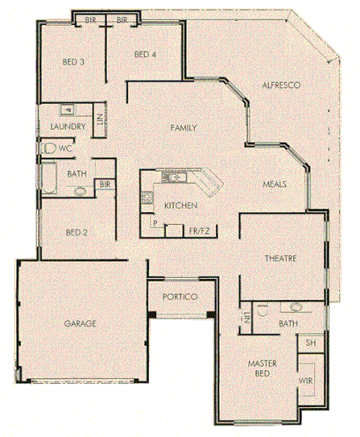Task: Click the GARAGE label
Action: pos(79,323)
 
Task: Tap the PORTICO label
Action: pos(180,297)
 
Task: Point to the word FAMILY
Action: pos(183,128)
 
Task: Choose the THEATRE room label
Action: pos(281,258)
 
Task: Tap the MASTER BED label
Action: pos(263,368)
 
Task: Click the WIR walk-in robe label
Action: pos(306,380)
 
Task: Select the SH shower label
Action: pos(310,342)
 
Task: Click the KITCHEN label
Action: pos(181,206)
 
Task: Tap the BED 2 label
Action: pos(77,232)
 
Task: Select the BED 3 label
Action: pos(73,63)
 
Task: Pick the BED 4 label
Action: pos(145,55)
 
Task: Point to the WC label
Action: pos(66,148)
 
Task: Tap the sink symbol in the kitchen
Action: pos(175,178)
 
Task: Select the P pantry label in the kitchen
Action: pos(154,224)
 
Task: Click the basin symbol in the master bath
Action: pos(295,308)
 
